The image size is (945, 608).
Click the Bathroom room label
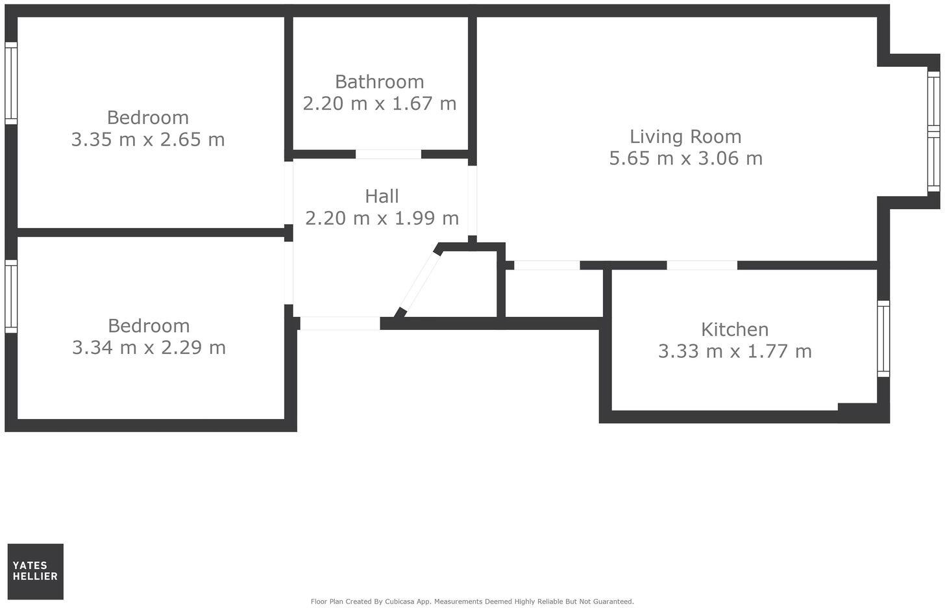379,82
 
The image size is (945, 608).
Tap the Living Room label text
685,136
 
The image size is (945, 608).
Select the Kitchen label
734,329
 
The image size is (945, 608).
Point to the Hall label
382,196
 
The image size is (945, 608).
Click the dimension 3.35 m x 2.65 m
148,140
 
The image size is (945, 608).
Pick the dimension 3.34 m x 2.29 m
149,348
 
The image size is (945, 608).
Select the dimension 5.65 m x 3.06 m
685,158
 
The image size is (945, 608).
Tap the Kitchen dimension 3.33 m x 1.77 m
735,351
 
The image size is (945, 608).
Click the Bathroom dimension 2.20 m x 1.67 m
380,103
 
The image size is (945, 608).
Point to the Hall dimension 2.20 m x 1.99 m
382,218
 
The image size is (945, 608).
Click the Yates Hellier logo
36,572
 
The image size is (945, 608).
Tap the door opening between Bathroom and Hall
388,155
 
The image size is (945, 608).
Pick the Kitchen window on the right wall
883,338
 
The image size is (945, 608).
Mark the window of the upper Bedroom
11,83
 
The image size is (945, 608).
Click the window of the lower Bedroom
11,296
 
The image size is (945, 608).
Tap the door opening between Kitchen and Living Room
702,265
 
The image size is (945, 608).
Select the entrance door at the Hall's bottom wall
339,323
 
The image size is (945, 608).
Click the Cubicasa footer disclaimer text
472,602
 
